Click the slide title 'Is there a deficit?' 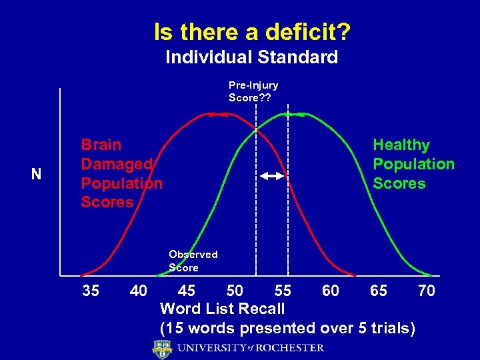point(253,31)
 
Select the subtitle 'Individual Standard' point(251,57)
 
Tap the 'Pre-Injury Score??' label point(253,91)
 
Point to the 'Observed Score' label point(193,261)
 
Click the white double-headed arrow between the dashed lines point(272,176)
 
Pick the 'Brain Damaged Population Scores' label point(121,173)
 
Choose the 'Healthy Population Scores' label point(413,164)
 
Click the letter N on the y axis point(36,175)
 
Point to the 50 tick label point(235,291)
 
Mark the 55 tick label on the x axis point(283,291)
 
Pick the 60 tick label point(330,291)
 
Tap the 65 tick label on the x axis point(379,291)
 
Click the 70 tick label point(426,291)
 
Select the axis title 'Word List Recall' point(222,309)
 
